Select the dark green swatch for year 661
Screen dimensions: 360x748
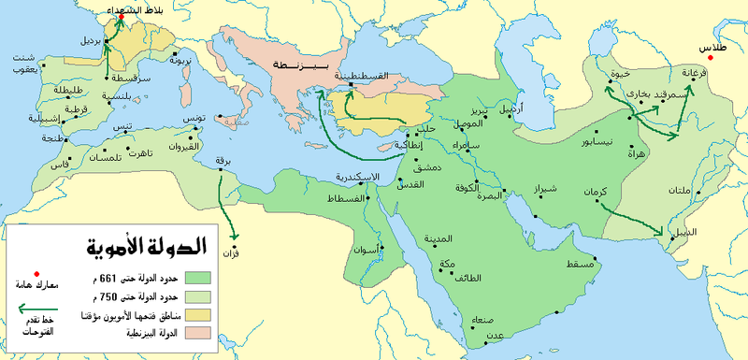click(200, 278)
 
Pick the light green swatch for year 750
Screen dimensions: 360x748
click(200, 296)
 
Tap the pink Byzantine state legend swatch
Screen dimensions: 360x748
click(200, 333)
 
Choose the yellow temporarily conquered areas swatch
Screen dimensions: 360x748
click(200, 314)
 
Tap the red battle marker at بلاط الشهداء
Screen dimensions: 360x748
click(121, 18)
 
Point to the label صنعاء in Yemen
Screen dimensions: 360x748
click(471, 318)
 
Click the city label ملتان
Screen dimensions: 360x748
click(680, 192)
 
